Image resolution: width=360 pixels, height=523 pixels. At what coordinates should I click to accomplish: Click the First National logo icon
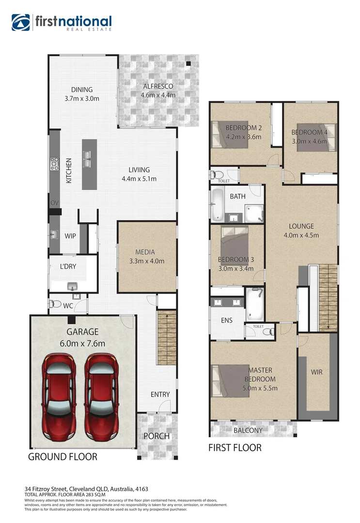tap(21, 22)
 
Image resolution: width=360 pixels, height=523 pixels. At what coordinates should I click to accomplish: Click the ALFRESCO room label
tap(157, 87)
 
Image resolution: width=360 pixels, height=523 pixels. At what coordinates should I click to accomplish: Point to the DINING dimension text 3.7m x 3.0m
tap(81, 98)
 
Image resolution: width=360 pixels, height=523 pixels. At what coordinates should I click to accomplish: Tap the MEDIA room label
tap(145, 252)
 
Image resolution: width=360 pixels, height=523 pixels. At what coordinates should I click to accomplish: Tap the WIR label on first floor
tap(317, 372)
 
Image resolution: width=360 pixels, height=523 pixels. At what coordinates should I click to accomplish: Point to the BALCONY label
tap(248, 430)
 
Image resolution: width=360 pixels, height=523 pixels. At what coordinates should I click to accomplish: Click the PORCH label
tap(157, 436)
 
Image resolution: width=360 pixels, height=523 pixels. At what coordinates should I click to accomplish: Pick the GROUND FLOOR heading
tap(63, 457)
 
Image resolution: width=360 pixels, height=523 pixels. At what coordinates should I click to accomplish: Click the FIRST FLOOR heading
tap(235, 448)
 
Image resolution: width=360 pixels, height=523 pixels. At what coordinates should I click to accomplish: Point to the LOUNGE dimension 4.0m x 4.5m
tap(301, 236)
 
